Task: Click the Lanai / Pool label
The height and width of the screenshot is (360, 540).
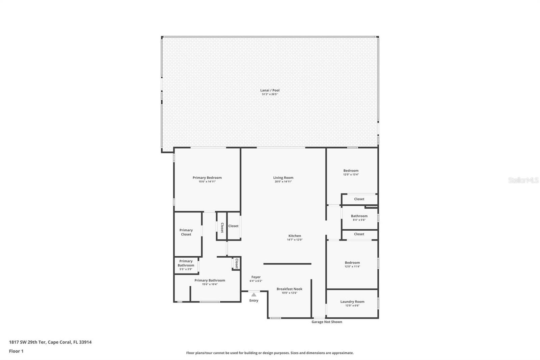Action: pos(270,91)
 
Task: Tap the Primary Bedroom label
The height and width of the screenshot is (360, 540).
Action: pos(207,178)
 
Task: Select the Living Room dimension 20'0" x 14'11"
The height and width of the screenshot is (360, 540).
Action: pos(283,182)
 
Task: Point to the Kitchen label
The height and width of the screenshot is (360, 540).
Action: pos(295,236)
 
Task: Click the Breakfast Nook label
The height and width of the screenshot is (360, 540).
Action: pos(289,289)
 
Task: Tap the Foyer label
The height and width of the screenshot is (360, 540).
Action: pos(256,277)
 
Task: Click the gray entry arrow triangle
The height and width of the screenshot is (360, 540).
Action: pos(254,295)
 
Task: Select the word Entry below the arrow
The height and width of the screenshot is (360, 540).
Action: pos(254,301)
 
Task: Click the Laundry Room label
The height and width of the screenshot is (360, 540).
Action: pos(352,302)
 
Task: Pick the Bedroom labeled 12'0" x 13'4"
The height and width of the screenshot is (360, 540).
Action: pos(351,171)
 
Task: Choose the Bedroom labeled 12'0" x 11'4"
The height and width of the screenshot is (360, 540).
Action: pos(352,263)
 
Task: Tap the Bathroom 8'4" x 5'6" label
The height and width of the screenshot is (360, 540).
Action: pos(359,216)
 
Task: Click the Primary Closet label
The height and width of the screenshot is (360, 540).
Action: pos(186,232)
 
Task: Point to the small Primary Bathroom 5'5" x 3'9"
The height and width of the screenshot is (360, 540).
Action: pos(186,263)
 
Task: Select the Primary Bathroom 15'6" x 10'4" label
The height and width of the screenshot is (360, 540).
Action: pos(210,281)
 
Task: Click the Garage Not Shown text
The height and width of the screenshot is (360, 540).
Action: pos(327,322)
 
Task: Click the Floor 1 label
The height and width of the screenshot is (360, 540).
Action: pos(16,351)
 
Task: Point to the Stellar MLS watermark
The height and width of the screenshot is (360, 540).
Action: pos(523,180)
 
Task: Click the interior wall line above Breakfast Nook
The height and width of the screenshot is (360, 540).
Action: pos(287,264)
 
